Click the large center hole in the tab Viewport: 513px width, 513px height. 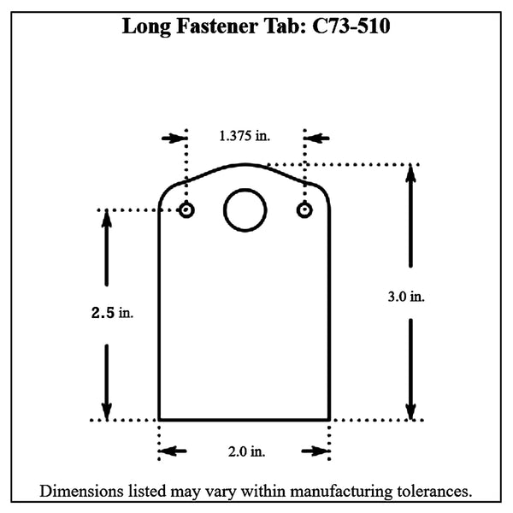pos(245,210)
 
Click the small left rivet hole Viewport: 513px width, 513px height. pos(186,210)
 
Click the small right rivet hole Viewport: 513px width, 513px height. pos(304,210)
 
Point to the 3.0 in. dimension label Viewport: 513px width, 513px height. pos(406,297)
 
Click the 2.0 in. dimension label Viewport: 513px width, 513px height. pos(245,451)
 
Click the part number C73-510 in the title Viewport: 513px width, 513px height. pos(351,26)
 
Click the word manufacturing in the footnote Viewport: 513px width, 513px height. pos(343,492)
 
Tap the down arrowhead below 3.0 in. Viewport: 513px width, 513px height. pos(411,410)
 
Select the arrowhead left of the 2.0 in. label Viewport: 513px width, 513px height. pos(167,451)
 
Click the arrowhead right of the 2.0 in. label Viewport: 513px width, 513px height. pos(323,451)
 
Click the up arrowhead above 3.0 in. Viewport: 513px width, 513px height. pos(411,173)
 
